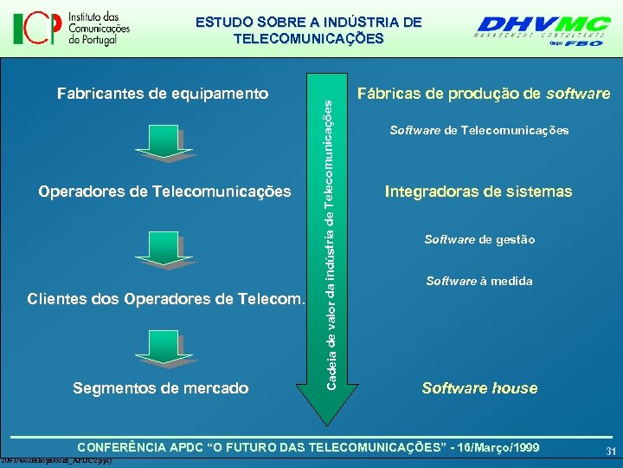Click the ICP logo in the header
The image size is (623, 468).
pyautogui.click(x=71, y=29)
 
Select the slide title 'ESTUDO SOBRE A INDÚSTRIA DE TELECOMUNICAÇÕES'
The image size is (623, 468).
pyautogui.click(x=308, y=30)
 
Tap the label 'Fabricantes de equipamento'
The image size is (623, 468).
pyautogui.click(x=163, y=93)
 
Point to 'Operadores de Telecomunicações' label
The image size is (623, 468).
pyautogui.click(x=164, y=191)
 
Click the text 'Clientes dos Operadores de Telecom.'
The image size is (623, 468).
pyautogui.click(x=166, y=300)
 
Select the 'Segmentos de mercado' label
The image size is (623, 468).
pyautogui.click(x=162, y=388)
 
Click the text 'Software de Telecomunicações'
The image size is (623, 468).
pyautogui.click(x=478, y=130)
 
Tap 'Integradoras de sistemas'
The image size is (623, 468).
pyautogui.click(x=478, y=191)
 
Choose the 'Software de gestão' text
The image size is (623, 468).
pyautogui.click(x=479, y=239)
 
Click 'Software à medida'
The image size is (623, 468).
pyautogui.click(x=479, y=281)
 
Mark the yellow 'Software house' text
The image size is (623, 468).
pyautogui.click(x=479, y=388)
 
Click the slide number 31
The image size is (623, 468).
pyautogui.click(x=610, y=451)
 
